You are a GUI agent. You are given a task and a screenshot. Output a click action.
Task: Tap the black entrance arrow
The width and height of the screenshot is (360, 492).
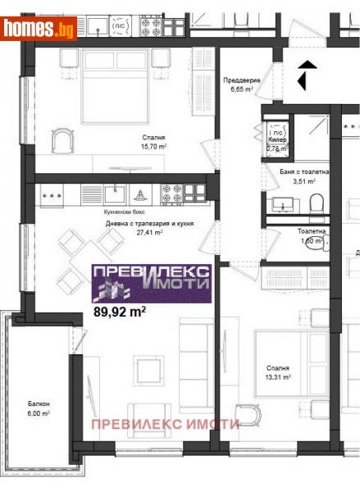tap(304, 75)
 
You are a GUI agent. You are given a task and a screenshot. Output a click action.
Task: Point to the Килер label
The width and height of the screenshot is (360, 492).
tap(277, 139)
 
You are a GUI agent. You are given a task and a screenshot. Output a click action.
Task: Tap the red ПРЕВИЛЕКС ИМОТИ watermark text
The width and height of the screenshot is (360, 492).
tap(165, 424)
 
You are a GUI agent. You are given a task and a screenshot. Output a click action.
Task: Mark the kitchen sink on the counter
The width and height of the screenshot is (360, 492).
tap(115, 194)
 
